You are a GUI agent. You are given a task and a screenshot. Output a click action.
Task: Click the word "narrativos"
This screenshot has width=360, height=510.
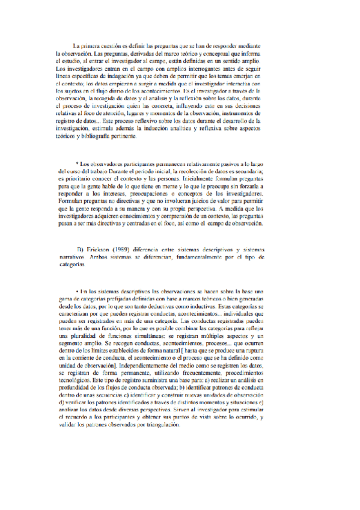[66, 257]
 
